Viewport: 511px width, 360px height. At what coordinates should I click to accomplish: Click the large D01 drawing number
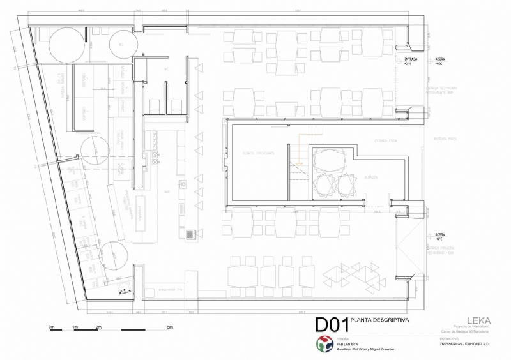(332, 324)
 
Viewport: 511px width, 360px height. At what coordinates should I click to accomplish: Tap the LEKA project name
(478, 320)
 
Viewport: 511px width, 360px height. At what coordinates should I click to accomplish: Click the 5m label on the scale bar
(171, 327)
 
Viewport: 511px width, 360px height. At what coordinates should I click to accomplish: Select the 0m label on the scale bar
(51, 327)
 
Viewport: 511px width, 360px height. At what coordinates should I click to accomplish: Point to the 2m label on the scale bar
(98, 327)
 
